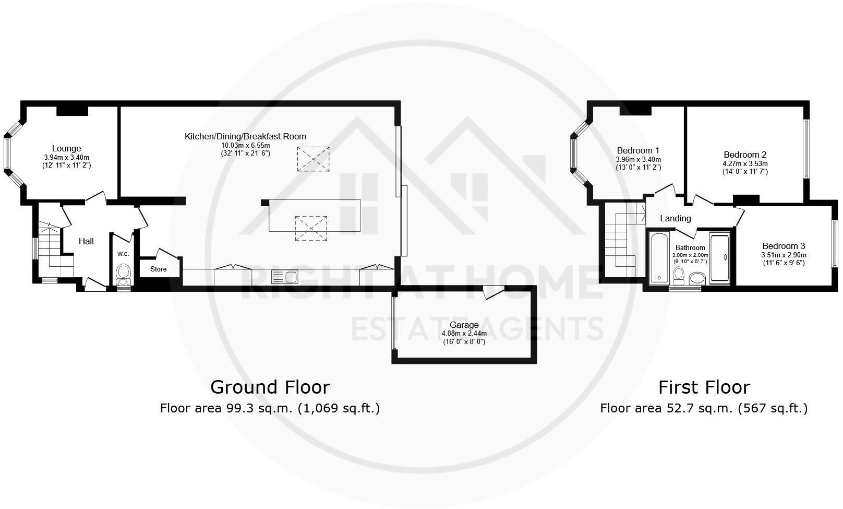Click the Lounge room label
(66, 148)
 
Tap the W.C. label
(123, 254)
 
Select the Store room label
(159, 269)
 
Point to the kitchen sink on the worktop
(284, 277)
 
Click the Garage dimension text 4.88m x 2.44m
(464, 334)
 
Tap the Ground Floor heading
(270, 387)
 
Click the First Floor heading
(704, 387)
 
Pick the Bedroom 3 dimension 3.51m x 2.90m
(784, 255)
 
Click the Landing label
(675, 219)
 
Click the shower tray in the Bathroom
(720, 258)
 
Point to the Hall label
(86, 241)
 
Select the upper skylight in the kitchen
(313, 159)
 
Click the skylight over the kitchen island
(311, 228)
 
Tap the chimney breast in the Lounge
(72, 110)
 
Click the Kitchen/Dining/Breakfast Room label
(245, 137)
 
